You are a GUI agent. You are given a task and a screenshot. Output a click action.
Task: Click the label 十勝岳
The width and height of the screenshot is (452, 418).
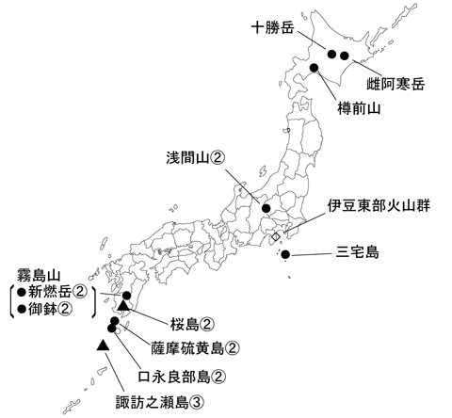[275, 28]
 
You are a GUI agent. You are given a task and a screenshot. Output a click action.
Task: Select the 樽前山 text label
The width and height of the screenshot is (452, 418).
[357, 109]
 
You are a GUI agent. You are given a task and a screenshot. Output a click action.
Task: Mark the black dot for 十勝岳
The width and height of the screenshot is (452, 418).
[331, 55]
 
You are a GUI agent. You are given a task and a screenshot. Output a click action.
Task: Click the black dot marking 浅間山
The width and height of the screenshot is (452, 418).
[266, 209]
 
